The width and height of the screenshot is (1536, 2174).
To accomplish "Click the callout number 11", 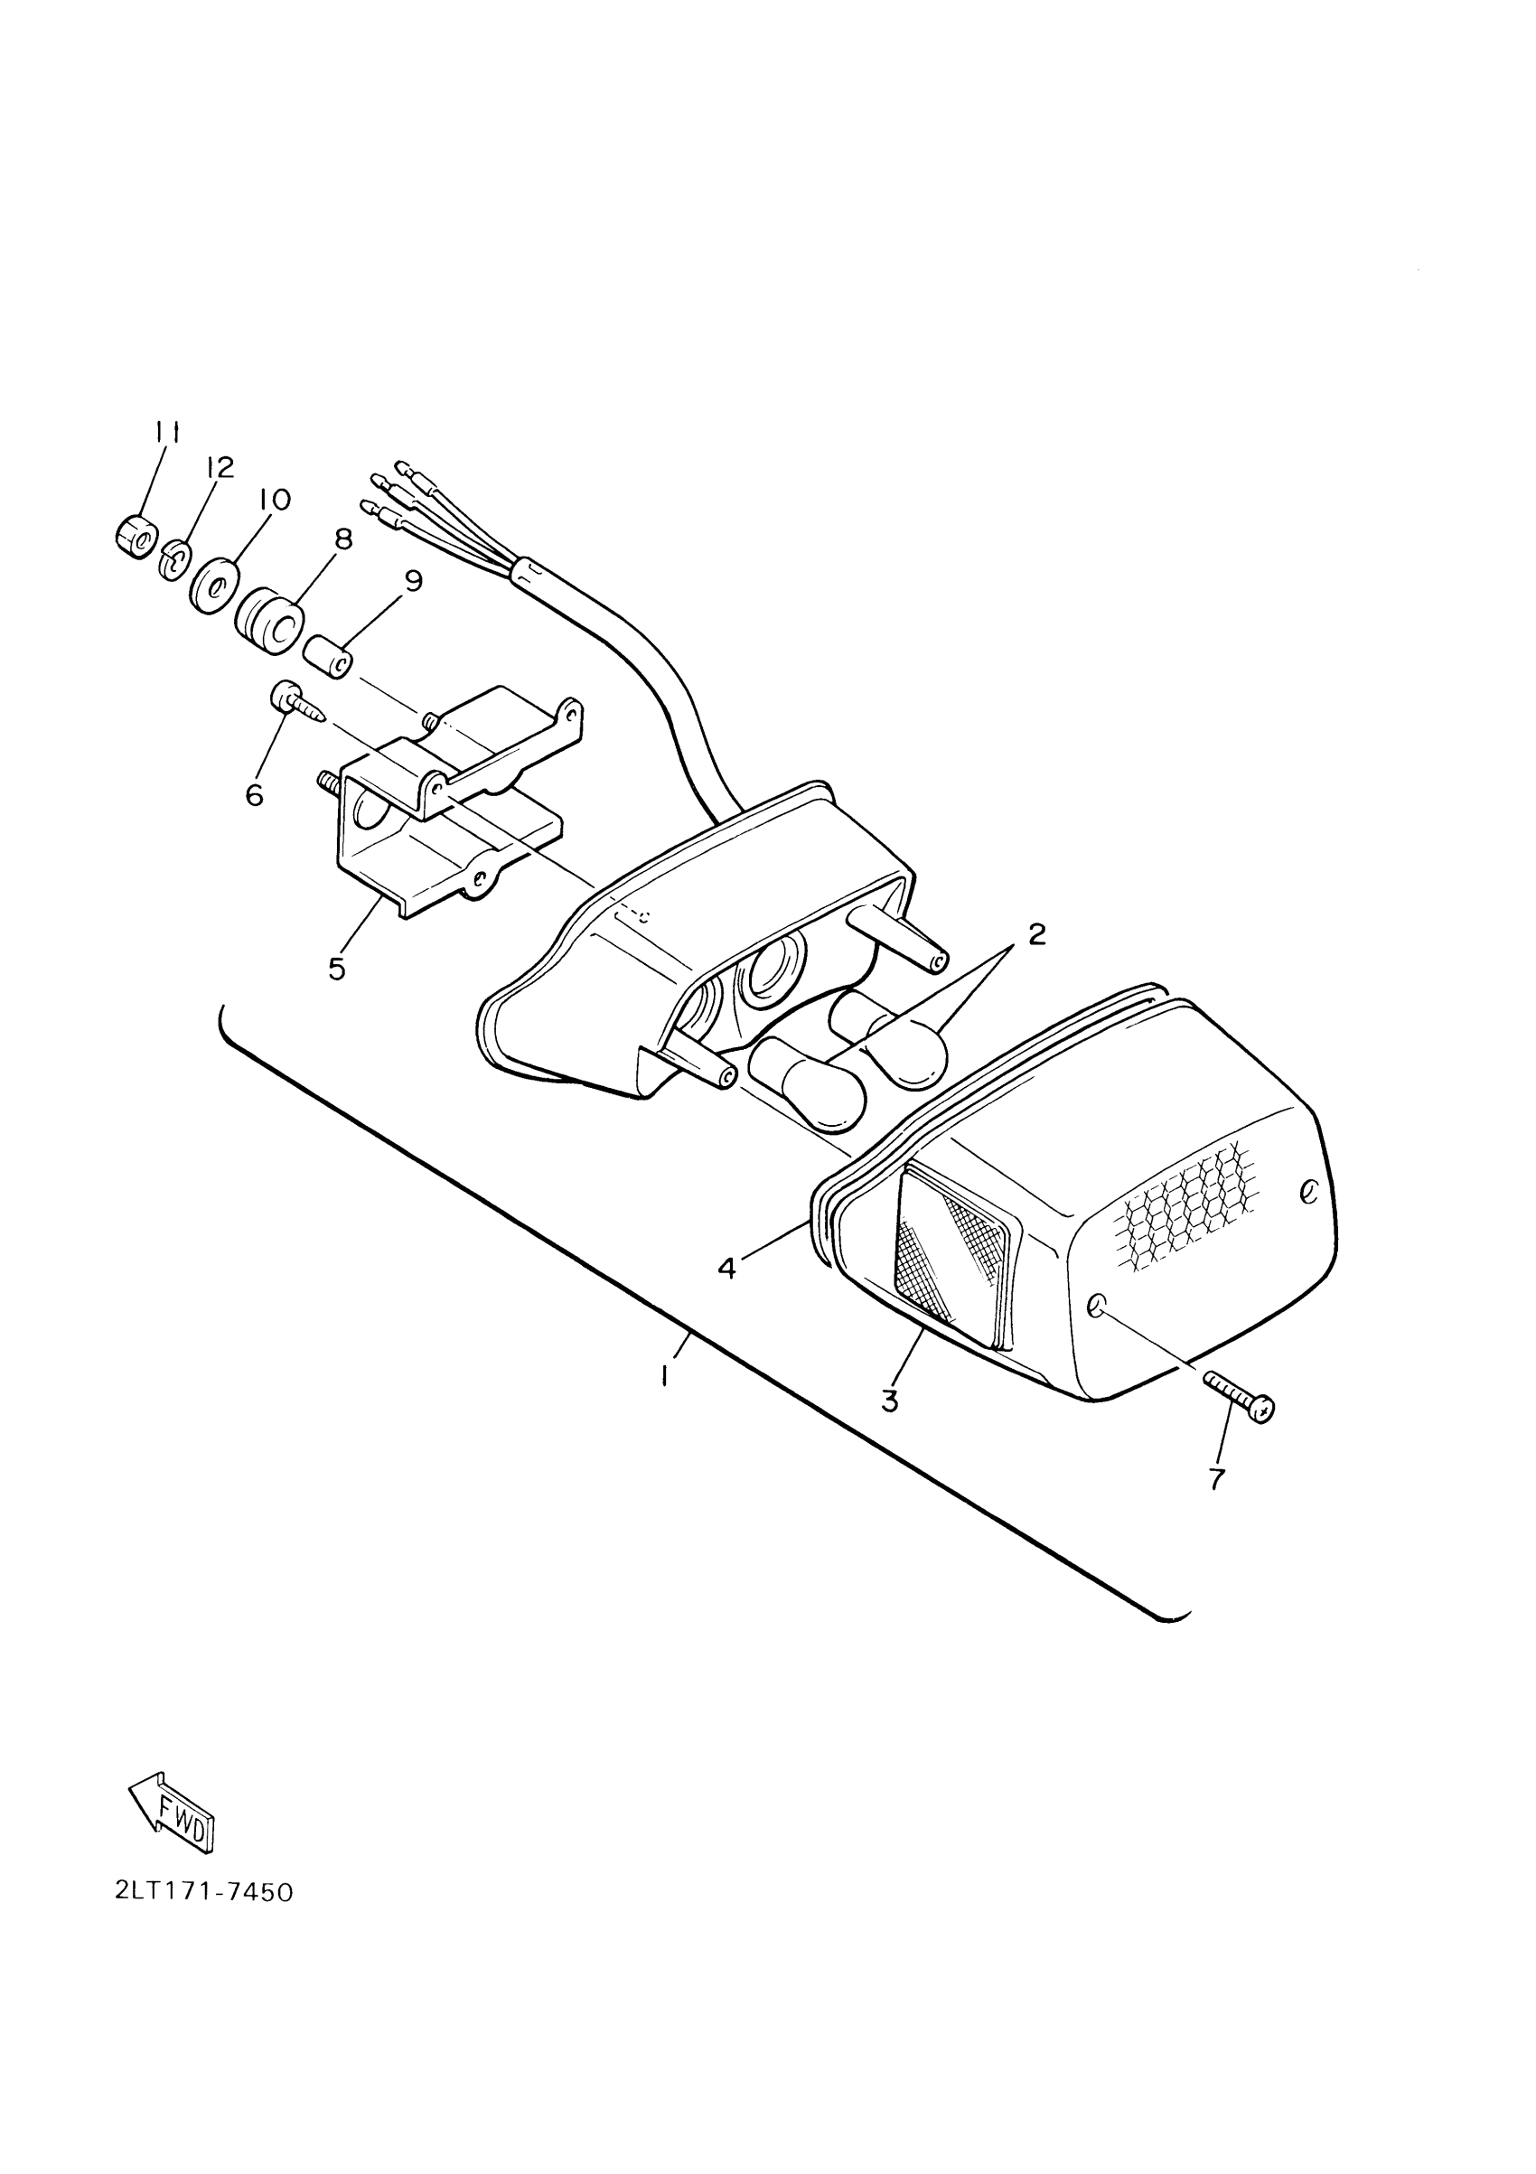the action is (168, 433).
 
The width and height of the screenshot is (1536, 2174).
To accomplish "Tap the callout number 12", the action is (219, 468).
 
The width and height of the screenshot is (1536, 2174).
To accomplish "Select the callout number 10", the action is (275, 499).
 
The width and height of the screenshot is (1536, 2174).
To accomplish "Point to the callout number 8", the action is (342, 539).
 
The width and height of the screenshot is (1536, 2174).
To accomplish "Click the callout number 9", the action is (413, 580).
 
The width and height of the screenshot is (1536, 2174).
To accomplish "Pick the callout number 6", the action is (254, 796).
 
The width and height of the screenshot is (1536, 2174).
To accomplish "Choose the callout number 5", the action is (337, 970).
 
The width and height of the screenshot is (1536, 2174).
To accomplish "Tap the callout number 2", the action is (1037, 934).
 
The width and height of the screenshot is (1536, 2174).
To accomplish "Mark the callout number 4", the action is (726, 1268).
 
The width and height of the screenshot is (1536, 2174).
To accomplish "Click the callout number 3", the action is (889, 1401).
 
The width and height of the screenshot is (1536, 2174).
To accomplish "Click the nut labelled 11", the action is (133, 539).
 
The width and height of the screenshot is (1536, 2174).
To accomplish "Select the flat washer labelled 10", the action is (213, 587).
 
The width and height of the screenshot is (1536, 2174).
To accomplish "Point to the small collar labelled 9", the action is (329, 658).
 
